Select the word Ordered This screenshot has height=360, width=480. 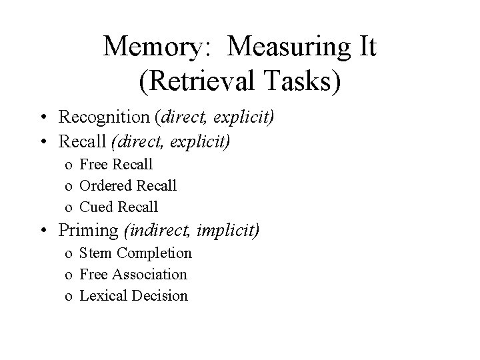[105, 185]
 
